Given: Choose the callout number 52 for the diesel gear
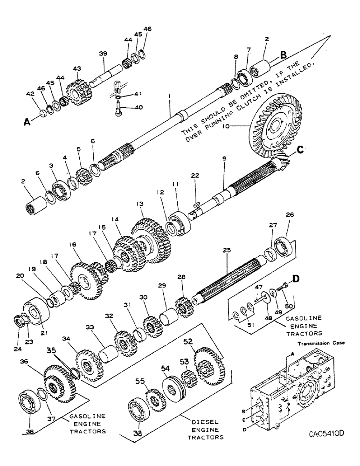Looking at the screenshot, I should tap(201, 341).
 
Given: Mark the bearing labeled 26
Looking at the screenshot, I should tap(283, 246).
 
